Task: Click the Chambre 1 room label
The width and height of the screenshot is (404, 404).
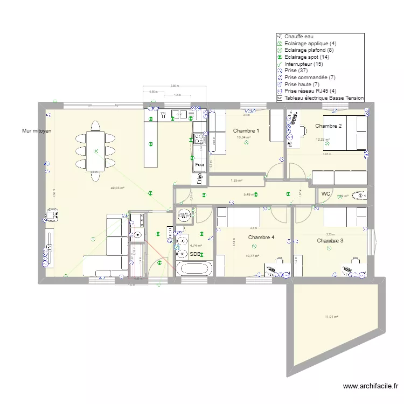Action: [x=246, y=131]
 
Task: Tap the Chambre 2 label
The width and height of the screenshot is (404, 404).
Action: [x=329, y=126]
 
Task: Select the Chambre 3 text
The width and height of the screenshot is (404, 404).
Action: [x=330, y=241]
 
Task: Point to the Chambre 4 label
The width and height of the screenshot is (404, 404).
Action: [x=261, y=238]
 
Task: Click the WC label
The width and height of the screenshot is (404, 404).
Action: [x=326, y=194]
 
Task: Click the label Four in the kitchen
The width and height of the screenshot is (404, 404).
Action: [x=199, y=165]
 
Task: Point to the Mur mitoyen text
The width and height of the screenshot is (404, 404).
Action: [x=37, y=131]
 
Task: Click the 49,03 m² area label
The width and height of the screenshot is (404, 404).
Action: [x=117, y=188]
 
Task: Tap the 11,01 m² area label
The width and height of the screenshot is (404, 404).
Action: [x=331, y=317]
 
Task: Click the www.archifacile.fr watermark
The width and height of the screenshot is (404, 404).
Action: [x=371, y=386]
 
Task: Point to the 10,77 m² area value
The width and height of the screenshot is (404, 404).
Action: [x=252, y=255]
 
